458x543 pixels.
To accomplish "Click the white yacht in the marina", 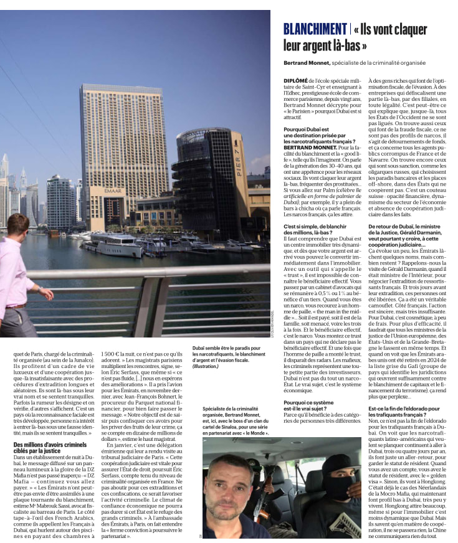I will click(x=115, y=245).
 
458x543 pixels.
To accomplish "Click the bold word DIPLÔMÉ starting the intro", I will click(x=297, y=80).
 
